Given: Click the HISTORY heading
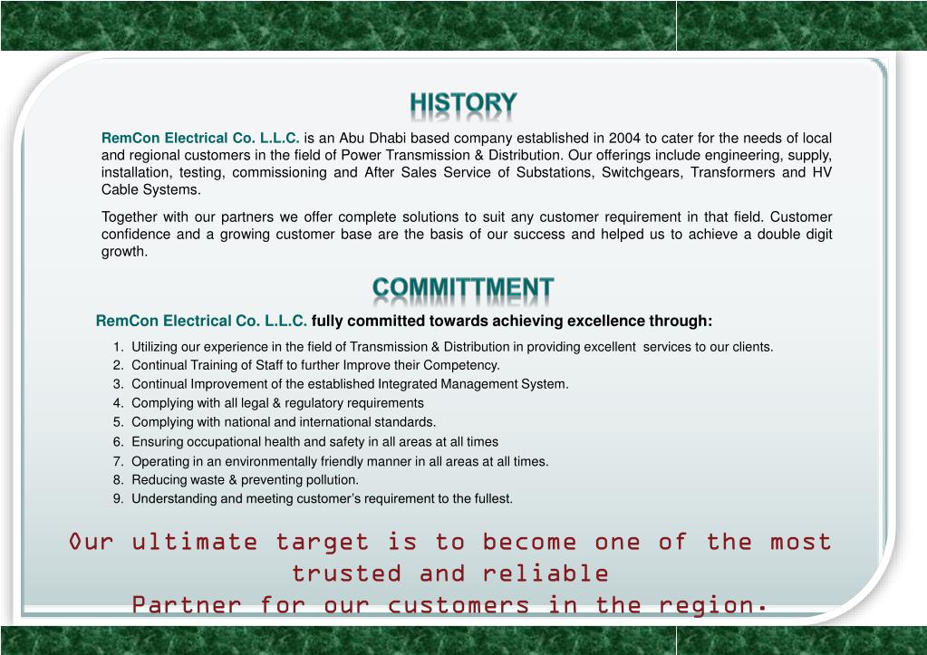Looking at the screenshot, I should click(x=463, y=104).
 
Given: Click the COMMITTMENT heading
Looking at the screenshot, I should click(x=463, y=289).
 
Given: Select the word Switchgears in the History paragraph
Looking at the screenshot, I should click(x=640, y=173).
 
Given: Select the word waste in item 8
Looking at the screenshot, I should click(x=200, y=480).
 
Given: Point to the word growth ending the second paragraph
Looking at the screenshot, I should click(x=122, y=252).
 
